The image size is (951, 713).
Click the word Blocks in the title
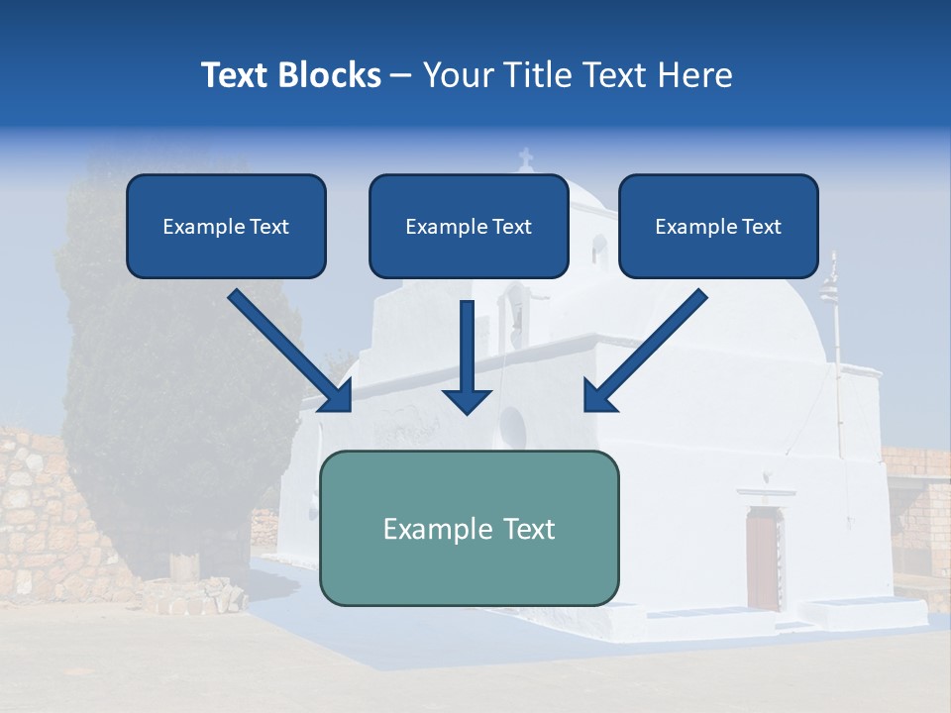[330, 75]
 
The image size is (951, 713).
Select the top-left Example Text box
[226, 226]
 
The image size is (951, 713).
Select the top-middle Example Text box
[469, 226]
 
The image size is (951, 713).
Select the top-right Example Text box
[718, 226]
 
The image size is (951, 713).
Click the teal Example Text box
[470, 528]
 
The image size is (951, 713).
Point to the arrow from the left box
[289, 351]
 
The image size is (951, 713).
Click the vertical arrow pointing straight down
[467, 356]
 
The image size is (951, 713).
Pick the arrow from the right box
[646, 351]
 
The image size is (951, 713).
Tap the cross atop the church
[526, 157]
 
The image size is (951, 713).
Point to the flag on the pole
[829, 287]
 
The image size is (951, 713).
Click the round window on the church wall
[512, 427]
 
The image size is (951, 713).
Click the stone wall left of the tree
[30, 515]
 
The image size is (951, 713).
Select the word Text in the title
[235, 75]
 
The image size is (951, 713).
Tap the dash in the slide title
[401, 75]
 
